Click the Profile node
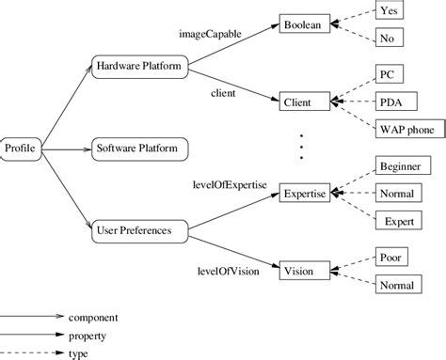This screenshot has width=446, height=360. coord(20,148)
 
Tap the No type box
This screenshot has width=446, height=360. coord(388,39)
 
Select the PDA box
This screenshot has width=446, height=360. coord(390,101)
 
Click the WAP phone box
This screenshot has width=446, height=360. coord(407,129)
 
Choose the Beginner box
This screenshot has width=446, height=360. coord(399,165)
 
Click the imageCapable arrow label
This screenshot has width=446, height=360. coord(210,34)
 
